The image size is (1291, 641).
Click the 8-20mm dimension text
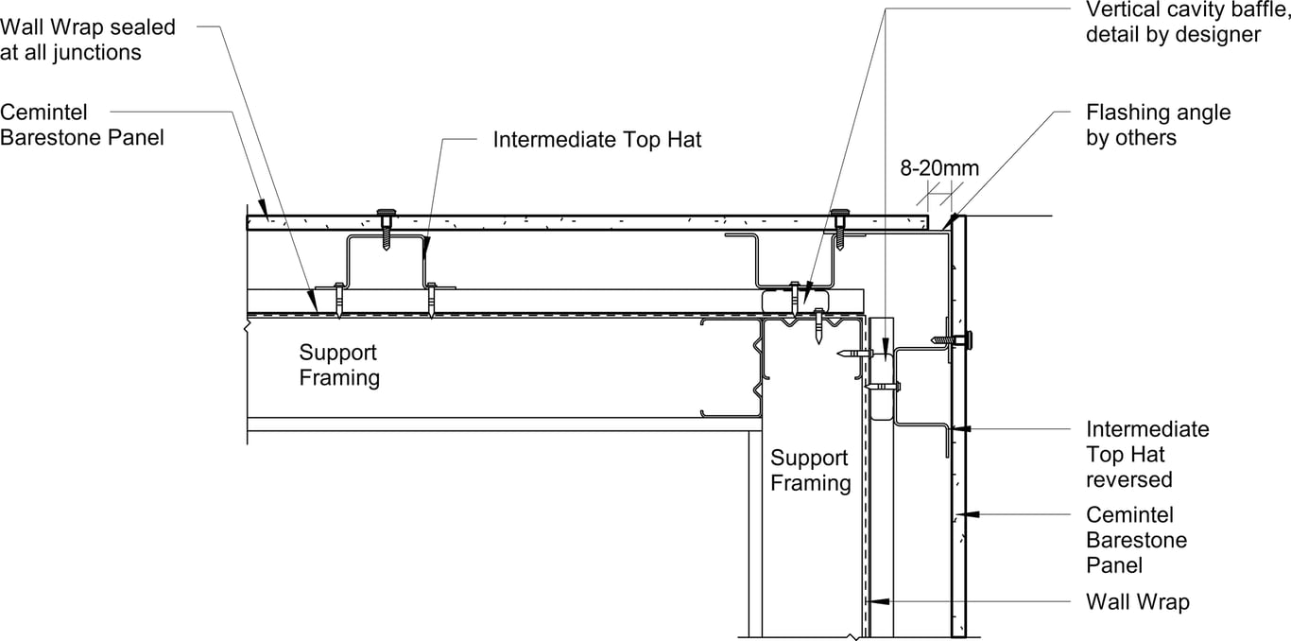[x=938, y=168]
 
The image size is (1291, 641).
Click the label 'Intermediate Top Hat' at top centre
[x=597, y=140]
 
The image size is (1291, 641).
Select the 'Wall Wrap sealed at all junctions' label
[x=88, y=40]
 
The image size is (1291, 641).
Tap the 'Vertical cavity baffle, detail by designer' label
[x=1187, y=22]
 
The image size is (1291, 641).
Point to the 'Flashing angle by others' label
[x=1158, y=125]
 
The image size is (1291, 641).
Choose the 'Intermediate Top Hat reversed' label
[x=1146, y=454]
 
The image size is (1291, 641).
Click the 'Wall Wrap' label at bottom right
[x=1137, y=601]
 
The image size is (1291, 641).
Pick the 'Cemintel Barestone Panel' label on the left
[x=82, y=125]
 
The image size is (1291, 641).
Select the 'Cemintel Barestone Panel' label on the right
[x=1136, y=540]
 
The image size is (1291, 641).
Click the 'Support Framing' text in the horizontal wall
[x=339, y=365]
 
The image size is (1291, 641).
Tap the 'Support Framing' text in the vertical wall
[x=810, y=471]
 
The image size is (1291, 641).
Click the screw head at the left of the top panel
[x=387, y=213]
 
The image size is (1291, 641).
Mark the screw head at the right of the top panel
[x=838, y=213]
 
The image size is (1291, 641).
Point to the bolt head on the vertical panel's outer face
[x=969, y=338]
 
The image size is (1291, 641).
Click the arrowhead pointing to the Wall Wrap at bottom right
[x=875, y=600]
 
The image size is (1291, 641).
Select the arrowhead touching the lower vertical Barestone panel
[x=972, y=515]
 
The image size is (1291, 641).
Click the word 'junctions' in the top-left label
[x=96, y=52]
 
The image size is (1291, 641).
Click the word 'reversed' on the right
[x=1128, y=479]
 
